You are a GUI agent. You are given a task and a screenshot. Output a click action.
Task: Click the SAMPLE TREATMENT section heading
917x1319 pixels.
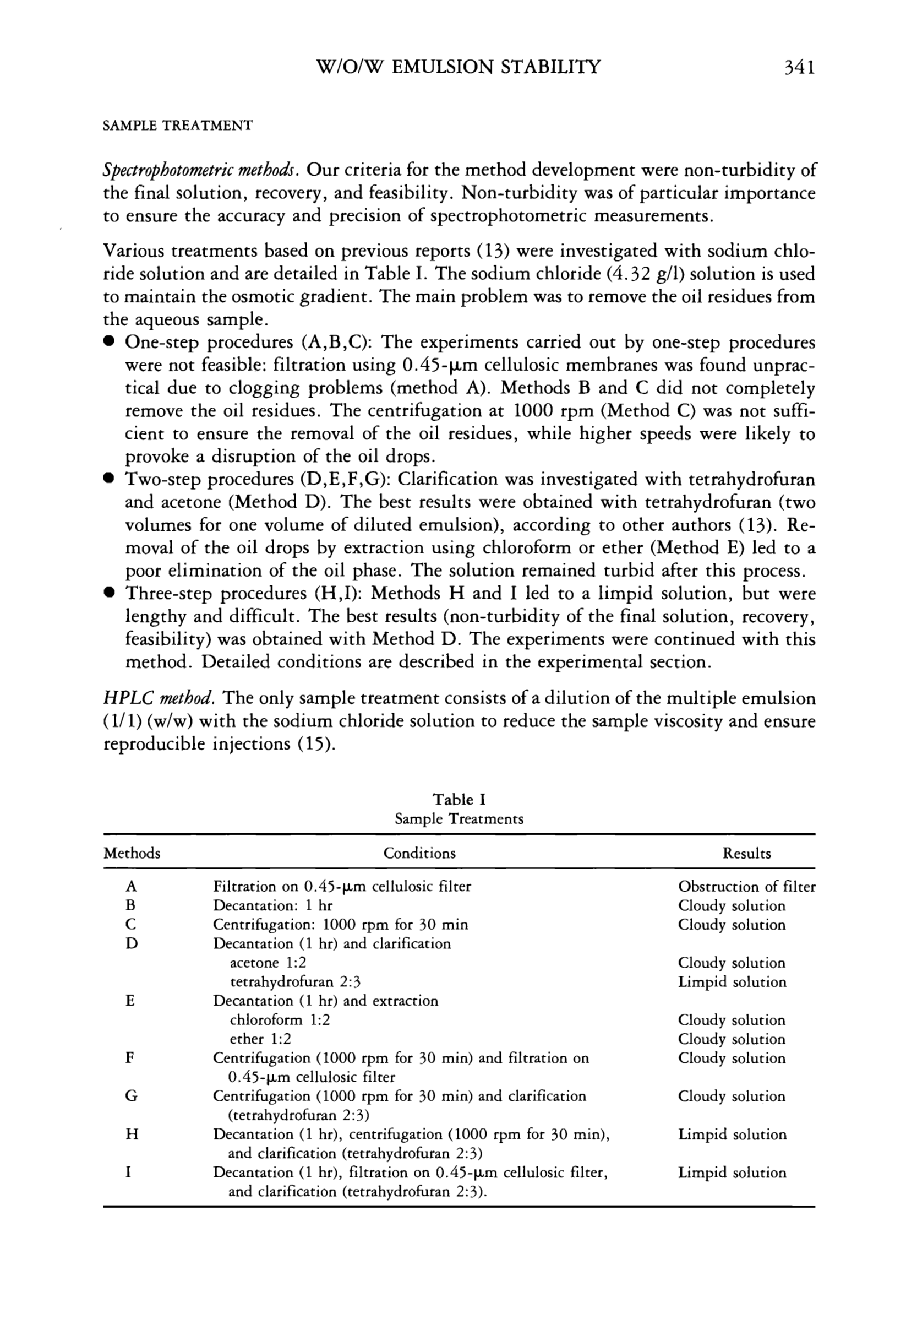[177, 125]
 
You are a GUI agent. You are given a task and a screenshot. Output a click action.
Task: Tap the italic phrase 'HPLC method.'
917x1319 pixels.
[160, 698]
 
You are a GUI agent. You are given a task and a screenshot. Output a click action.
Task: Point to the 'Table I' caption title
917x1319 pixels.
[459, 800]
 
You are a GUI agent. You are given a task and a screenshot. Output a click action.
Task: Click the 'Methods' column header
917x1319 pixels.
[132, 853]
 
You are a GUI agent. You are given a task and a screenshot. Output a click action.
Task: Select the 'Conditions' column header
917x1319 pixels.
[419, 853]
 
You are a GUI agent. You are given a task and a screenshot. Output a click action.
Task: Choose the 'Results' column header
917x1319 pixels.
[746, 853]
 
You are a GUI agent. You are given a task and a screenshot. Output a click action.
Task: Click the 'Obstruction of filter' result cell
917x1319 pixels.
[746, 887]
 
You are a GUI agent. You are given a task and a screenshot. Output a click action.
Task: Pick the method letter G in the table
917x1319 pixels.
[131, 1096]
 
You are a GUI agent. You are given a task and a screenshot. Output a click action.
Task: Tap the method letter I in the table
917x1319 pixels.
[129, 1173]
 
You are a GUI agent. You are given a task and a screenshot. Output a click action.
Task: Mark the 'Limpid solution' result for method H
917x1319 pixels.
[732, 1135]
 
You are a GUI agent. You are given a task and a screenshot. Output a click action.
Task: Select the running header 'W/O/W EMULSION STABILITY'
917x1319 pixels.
[458, 68]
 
